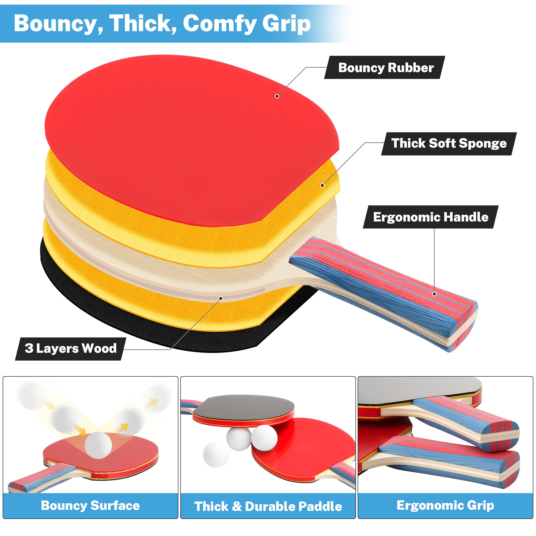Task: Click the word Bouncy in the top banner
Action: pos(58,24)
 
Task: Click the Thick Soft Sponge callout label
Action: pos(449,144)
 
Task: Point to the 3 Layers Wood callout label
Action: pos(70,349)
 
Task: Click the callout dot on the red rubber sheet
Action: pos(277,96)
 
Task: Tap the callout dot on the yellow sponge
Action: pos(322,185)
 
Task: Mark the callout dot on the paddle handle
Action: pos(434,294)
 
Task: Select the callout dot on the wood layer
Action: pos(221,298)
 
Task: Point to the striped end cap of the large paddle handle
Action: pos(460,327)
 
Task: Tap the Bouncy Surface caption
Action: pos(90,506)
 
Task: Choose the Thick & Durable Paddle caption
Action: pos(268,506)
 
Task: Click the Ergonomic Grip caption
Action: pos(445,506)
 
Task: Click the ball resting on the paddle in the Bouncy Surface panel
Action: pos(98,445)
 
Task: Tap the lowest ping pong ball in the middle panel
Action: pos(216,454)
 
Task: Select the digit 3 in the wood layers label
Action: pos(29,348)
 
